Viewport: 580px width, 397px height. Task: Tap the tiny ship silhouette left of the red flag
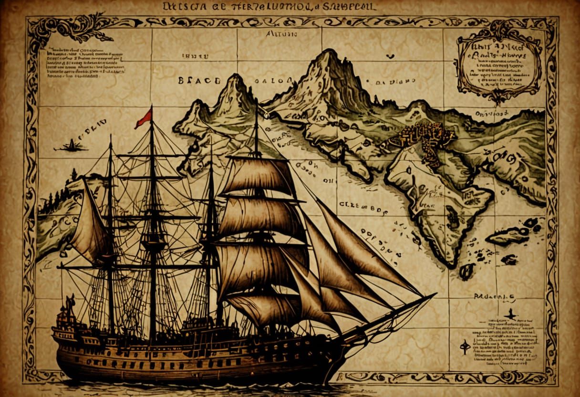(x=71, y=145)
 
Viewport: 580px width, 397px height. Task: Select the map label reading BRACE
(x=199, y=80)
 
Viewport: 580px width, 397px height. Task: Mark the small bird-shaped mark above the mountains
(x=391, y=56)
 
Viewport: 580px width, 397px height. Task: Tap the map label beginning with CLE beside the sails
(x=361, y=206)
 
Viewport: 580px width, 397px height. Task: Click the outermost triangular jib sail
(x=367, y=248)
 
